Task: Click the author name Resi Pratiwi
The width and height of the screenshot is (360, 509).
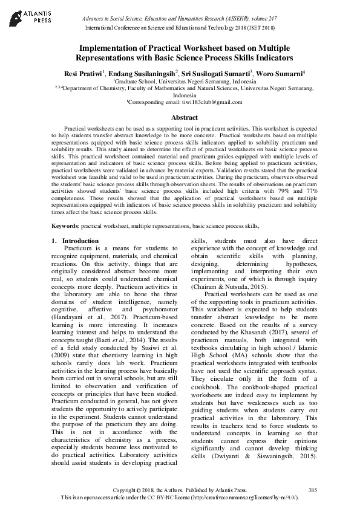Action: (x=83, y=73)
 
